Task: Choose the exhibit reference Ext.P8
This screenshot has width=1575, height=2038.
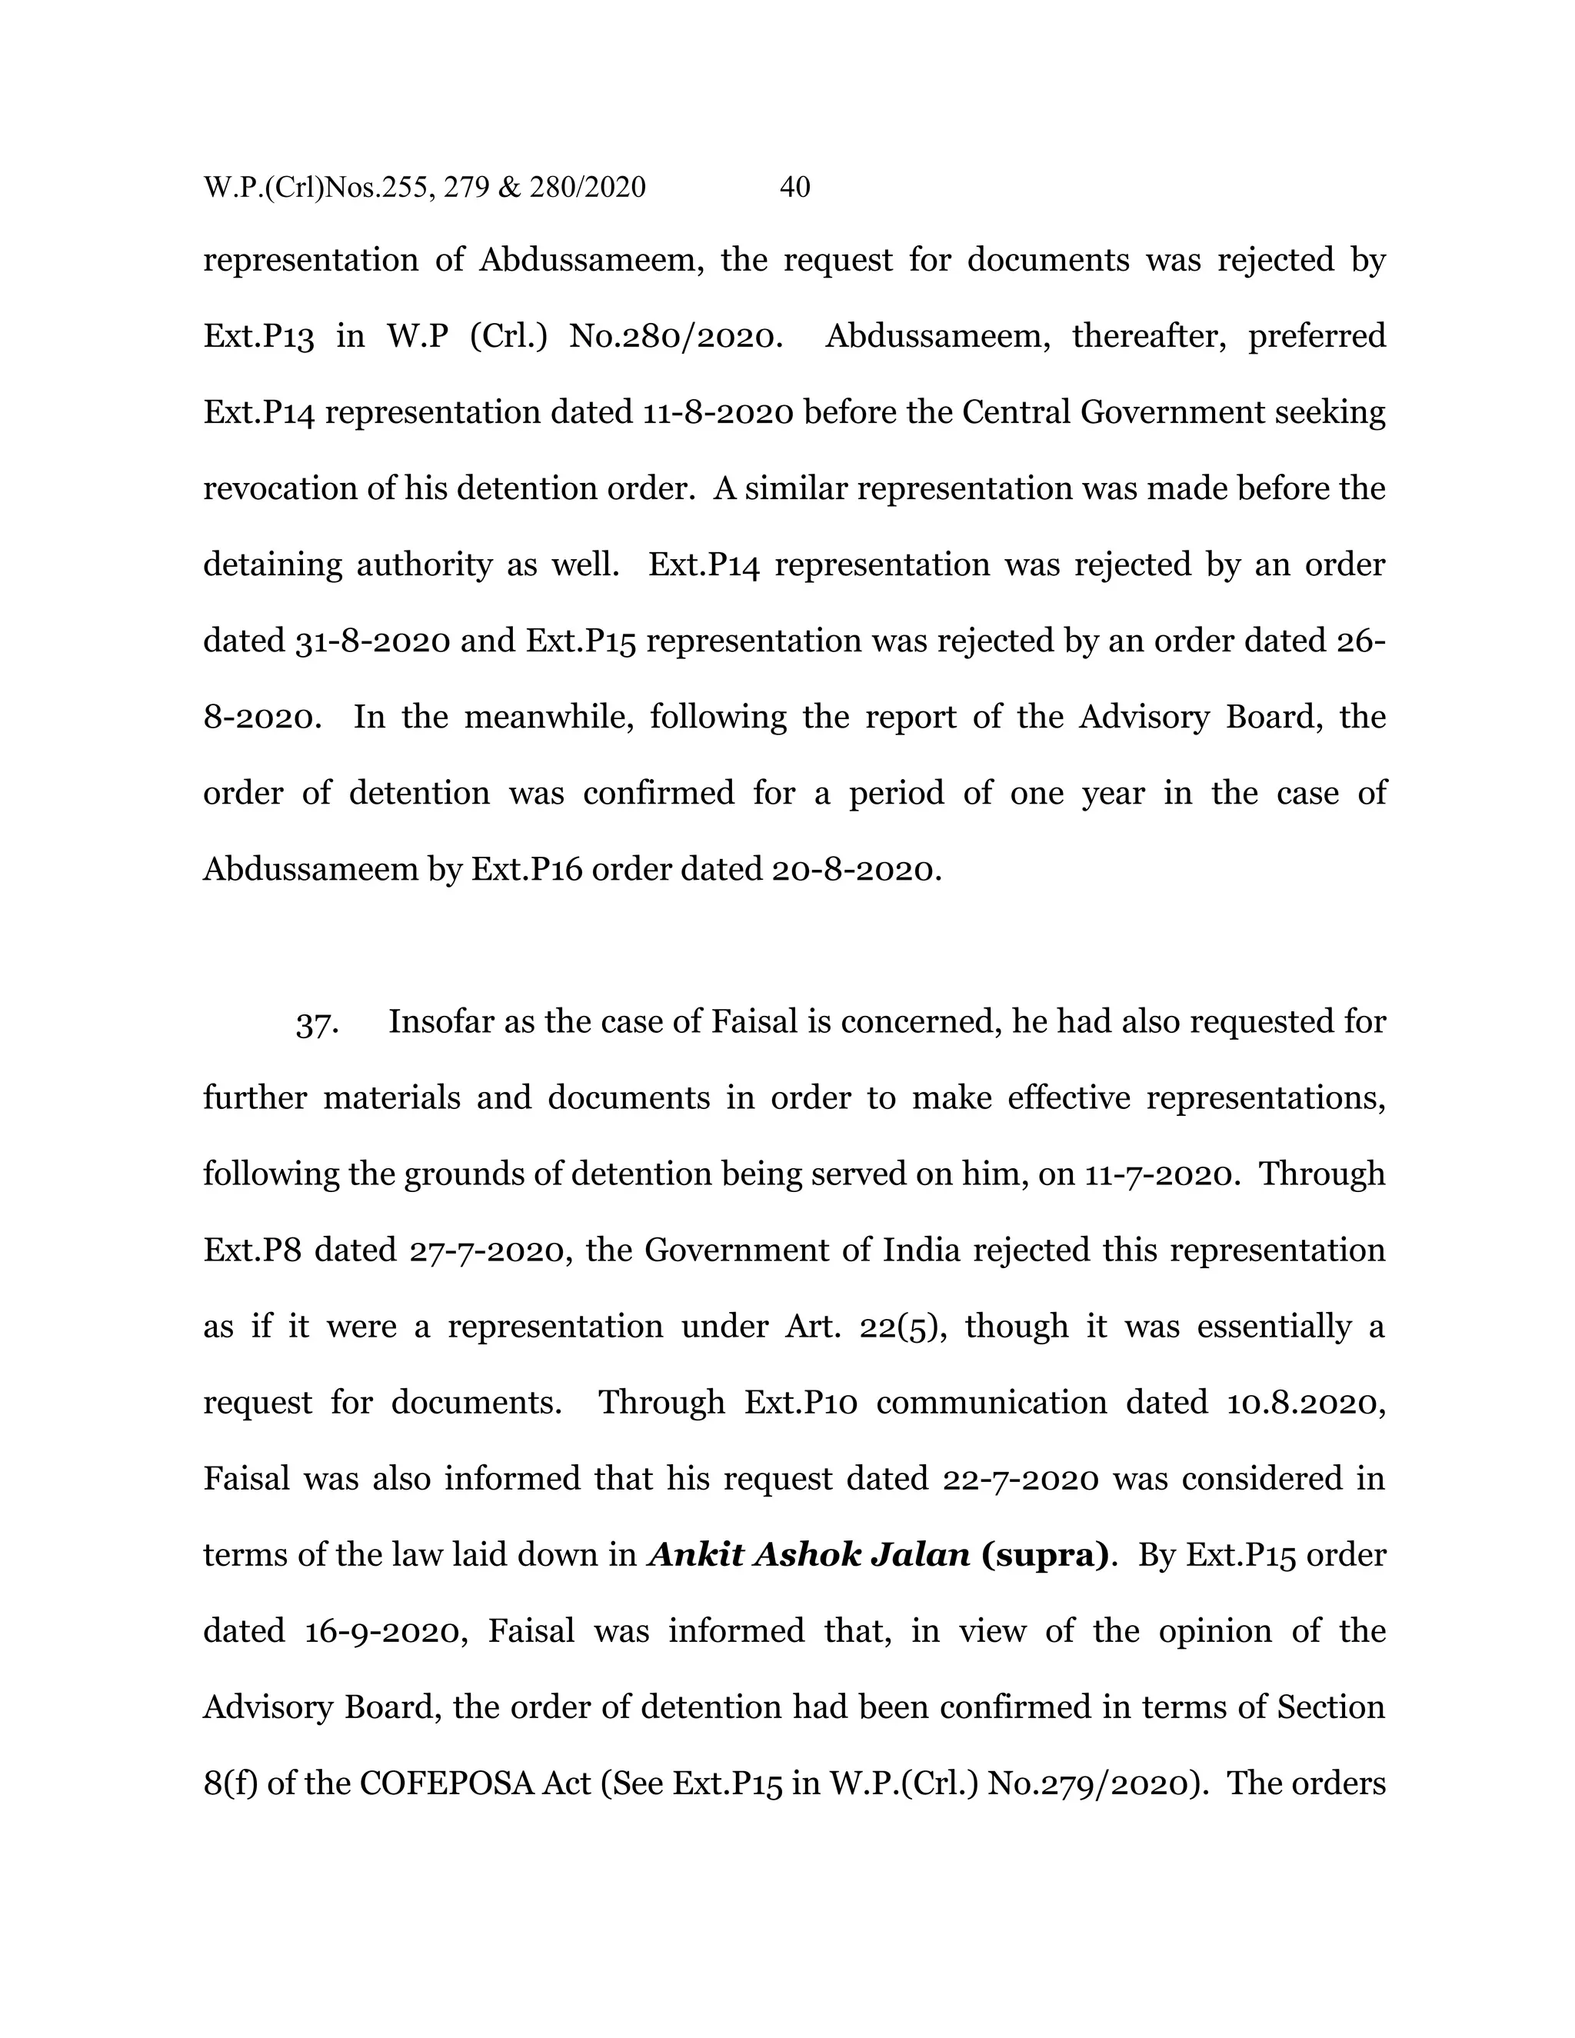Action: pos(252,1250)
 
